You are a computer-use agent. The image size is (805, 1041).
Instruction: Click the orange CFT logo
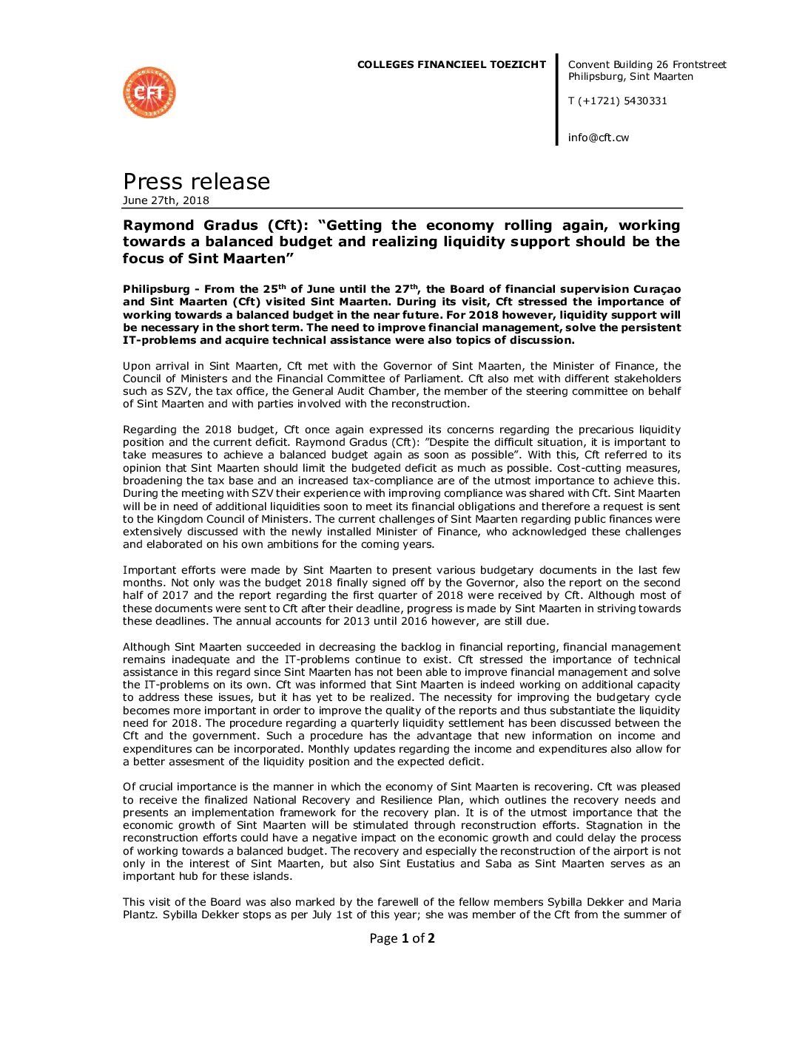click(x=149, y=92)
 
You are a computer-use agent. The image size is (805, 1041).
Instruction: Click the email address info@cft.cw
click(x=598, y=138)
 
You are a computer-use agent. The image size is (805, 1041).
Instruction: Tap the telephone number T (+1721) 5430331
click(x=617, y=101)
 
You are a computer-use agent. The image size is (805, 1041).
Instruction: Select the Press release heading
click(x=196, y=181)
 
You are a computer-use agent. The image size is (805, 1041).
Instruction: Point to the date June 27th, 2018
click(x=166, y=200)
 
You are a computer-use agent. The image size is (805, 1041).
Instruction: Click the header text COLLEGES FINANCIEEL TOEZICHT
click(x=451, y=65)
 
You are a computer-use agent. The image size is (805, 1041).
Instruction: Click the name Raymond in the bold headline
click(x=158, y=226)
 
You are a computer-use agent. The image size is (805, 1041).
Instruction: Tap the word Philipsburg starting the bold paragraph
click(x=156, y=289)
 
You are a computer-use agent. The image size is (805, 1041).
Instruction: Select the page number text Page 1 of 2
click(x=402, y=938)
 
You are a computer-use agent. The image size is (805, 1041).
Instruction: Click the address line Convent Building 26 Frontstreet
click(x=647, y=65)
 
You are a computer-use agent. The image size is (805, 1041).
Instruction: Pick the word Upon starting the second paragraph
click(x=136, y=366)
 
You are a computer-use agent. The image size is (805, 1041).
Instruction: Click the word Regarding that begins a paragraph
click(x=149, y=430)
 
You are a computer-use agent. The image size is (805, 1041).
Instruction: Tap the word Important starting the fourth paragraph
click(x=149, y=570)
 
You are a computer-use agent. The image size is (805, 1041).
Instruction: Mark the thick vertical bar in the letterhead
click(x=557, y=99)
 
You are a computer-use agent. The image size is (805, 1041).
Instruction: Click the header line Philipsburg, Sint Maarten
click(x=630, y=77)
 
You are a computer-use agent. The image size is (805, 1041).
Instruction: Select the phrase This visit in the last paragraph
click(x=147, y=902)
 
